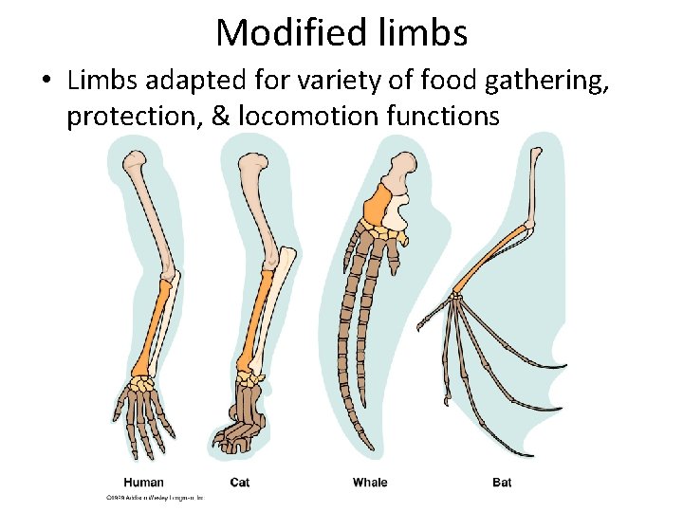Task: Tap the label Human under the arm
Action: (x=144, y=483)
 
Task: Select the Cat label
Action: (x=240, y=483)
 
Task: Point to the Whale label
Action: (x=370, y=483)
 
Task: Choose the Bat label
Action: (x=502, y=483)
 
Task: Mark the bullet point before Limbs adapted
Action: (x=46, y=82)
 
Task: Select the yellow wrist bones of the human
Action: (x=142, y=384)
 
